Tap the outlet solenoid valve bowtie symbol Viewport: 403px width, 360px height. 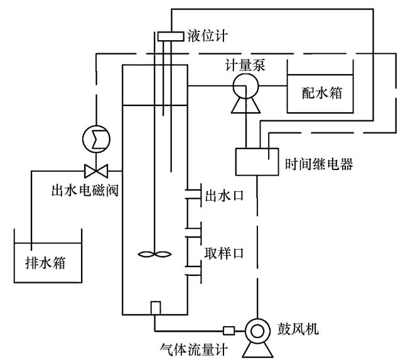(x=95, y=169)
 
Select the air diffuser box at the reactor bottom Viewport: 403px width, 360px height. (x=156, y=308)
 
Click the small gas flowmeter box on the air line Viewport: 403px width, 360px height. (x=229, y=330)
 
